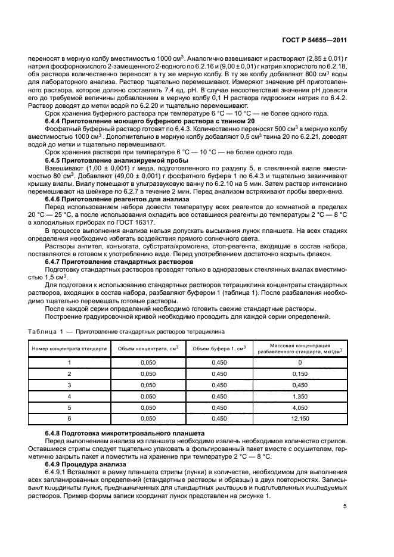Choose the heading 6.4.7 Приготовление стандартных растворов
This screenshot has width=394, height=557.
point(119,262)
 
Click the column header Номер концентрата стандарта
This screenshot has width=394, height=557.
point(69,348)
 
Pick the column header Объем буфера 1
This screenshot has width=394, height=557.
point(219,348)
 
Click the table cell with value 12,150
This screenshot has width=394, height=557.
point(300,418)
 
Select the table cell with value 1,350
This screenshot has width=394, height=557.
point(300,396)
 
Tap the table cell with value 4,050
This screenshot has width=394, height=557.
point(300,407)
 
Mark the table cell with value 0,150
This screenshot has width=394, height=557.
point(300,373)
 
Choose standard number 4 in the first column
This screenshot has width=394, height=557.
point(69,396)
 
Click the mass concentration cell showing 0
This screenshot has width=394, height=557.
point(300,362)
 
